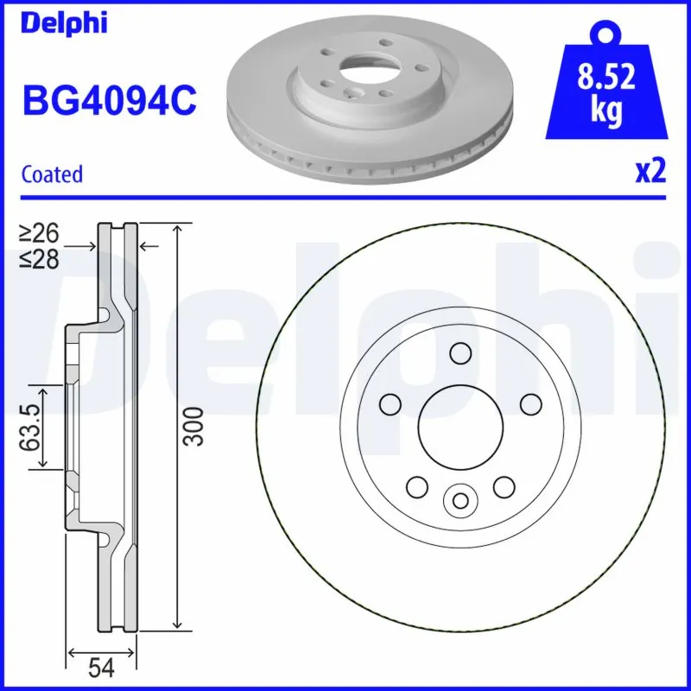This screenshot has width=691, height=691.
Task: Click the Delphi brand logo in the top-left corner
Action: [64, 22]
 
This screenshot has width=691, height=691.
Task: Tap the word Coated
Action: [52, 174]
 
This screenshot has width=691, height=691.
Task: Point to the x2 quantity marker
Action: [650, 172]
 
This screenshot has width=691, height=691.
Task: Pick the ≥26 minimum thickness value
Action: [41, 234]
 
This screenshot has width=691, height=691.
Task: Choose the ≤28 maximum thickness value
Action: [41, 257]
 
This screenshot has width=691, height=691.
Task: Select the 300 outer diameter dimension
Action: [198, 425]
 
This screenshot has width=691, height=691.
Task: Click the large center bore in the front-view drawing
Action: [460, 423]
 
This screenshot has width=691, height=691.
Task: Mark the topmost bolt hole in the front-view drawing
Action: [460, 352]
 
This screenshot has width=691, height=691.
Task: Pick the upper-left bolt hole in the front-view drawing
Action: [391, 403]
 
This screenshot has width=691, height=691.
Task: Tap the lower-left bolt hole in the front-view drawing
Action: [417, 486]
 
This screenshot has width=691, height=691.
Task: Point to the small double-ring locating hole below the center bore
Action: [460, 499]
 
